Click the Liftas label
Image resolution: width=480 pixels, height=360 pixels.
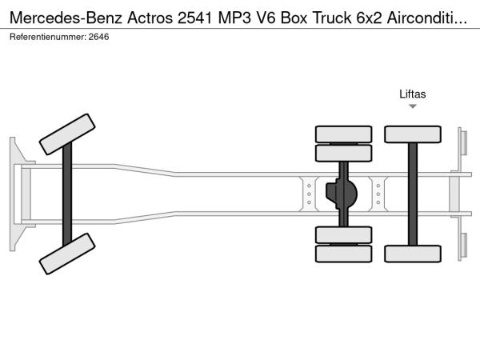412,94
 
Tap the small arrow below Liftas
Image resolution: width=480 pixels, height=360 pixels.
413,106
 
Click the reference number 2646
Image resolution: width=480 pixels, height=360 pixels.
98,37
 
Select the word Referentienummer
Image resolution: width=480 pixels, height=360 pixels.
48,37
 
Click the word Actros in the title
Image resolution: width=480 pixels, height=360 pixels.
150,18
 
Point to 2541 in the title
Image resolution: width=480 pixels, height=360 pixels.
195,18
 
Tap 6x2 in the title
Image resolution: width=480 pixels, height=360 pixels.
369,18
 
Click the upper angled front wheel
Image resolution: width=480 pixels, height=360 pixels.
67,134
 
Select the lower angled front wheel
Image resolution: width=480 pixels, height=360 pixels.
67,254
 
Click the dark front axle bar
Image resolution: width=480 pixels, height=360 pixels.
67,194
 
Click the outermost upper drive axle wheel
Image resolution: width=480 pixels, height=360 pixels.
343,134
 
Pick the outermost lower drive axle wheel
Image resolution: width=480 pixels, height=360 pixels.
343,254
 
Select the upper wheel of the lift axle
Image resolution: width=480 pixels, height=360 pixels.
413,134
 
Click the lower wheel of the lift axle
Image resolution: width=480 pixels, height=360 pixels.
413,254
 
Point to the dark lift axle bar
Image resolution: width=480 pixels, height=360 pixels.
413,194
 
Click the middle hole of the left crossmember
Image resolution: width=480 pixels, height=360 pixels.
309,194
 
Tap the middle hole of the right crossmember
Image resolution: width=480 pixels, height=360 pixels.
378,194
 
